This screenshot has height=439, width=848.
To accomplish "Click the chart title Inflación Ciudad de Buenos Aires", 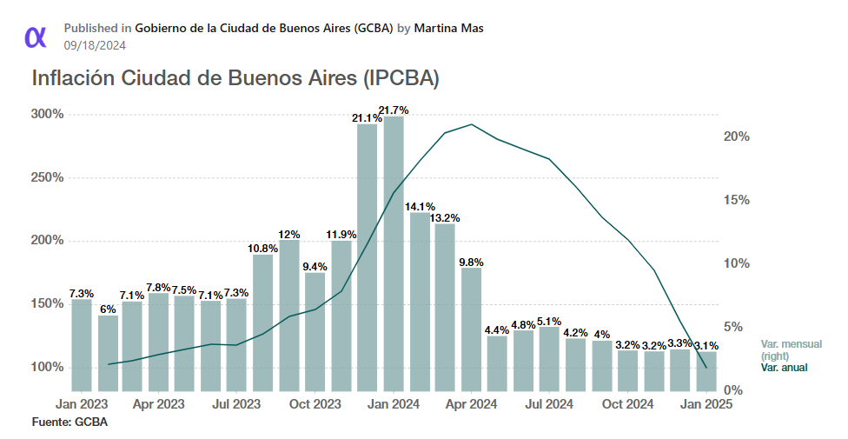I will [x=235, y=78].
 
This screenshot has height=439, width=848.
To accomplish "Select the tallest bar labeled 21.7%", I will [x=394, y=252].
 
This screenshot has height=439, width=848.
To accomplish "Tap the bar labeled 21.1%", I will [x=368, y=256].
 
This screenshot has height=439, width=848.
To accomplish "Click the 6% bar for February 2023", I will [x=108, y=352].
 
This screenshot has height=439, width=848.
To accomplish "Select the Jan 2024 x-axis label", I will [x=394, y=404].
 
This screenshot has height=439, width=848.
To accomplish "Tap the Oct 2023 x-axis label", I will [x=315, y=404].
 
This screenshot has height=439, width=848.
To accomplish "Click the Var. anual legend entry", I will [x=784, y=368].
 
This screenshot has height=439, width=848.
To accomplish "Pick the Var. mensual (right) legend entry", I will [x=790, y=349].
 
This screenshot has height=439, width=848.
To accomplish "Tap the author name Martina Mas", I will [x=448, y=28].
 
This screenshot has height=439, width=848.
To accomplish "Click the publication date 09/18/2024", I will [x=95, y=44].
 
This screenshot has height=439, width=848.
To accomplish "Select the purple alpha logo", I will [x=36, y=36].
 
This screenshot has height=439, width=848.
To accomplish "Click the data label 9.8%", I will [x=471, y=262].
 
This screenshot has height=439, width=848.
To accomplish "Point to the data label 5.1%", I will [x=549, y=321].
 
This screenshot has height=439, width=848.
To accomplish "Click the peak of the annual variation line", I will [x=471, y=124].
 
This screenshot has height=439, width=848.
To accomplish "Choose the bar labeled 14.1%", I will [x=420, y=300].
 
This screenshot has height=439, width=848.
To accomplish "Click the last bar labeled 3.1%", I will [x=706, y=370].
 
